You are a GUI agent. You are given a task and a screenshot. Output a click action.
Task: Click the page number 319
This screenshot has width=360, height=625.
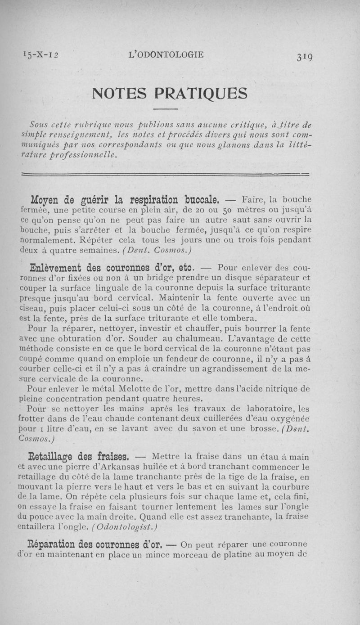point(305,56)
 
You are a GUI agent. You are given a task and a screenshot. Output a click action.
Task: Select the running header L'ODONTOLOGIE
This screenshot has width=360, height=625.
point(166,55)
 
